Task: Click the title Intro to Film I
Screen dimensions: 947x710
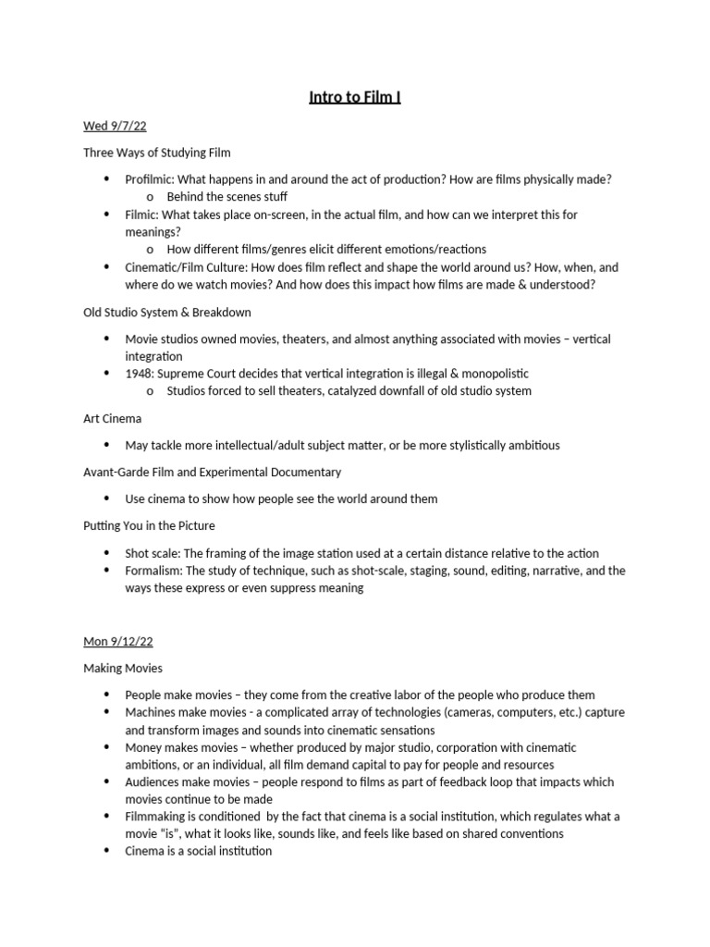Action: pos(355,97)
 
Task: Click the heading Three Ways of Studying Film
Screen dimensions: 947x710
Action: pos(157,152)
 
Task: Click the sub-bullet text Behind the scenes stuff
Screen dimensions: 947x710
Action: pos(226,196)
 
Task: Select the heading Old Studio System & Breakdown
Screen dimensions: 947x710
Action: pos(167,312)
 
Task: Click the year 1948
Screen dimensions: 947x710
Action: pos(139,374)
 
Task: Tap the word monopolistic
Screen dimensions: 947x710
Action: pos(493,374)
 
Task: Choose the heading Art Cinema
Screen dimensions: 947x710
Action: pos(113,418)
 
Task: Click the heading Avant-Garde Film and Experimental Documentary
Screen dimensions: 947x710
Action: pos(213,472)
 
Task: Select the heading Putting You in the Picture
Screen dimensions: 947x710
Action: pos(149,525)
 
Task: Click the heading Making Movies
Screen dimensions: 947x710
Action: pos(123,668)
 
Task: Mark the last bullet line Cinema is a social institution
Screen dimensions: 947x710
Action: pos(199,851)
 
